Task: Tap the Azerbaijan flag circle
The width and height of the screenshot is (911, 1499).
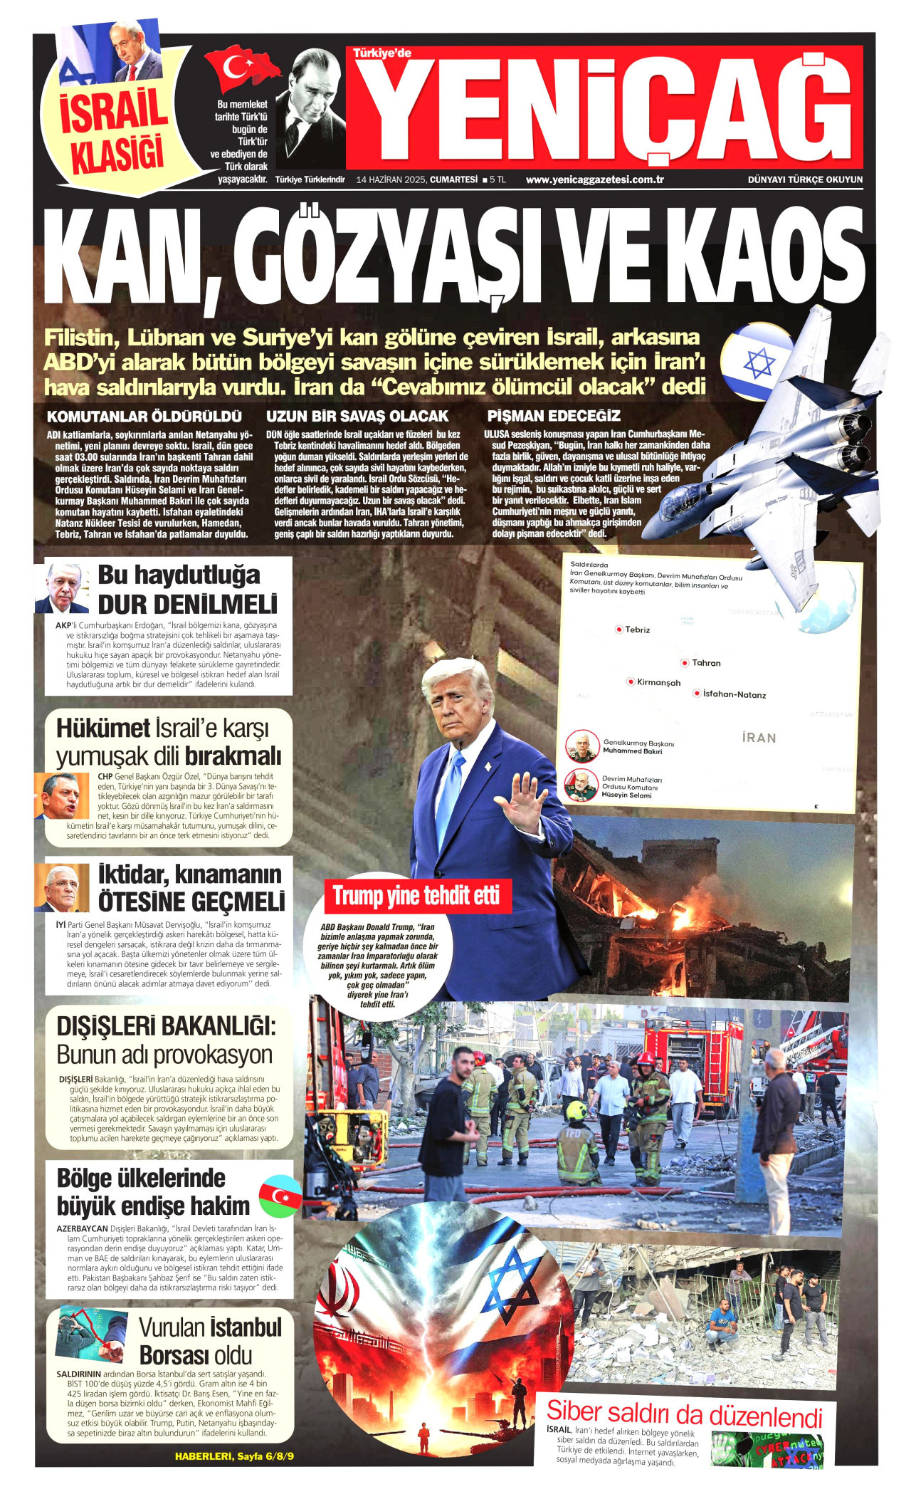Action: click(x=280, y=1196)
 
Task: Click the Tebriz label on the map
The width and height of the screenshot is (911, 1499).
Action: click(x=637, y=630)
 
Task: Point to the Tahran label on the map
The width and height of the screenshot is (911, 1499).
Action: click(x=705, y=663)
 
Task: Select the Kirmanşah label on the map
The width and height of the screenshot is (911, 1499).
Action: click(x=658, y=682)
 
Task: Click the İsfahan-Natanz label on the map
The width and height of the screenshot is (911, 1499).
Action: click(x=734, y=694)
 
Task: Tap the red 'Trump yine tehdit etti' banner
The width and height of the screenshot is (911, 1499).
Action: click(x=416, y=896)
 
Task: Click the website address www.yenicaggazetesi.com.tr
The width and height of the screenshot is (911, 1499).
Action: click(x=594, y=179)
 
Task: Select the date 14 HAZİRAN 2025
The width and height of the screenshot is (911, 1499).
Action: click(x=391, y=179)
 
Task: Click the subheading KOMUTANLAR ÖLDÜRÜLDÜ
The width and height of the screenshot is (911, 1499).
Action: click(x=144, y=417)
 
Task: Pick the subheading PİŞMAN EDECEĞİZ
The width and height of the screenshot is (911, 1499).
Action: click(x=554, y=416)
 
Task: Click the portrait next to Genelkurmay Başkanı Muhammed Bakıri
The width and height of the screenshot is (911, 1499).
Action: click(x=582, y=746)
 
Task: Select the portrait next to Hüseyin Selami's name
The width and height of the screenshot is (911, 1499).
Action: click(x=581, y=785)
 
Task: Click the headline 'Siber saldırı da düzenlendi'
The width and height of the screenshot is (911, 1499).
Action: click(x=684, y=1412)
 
